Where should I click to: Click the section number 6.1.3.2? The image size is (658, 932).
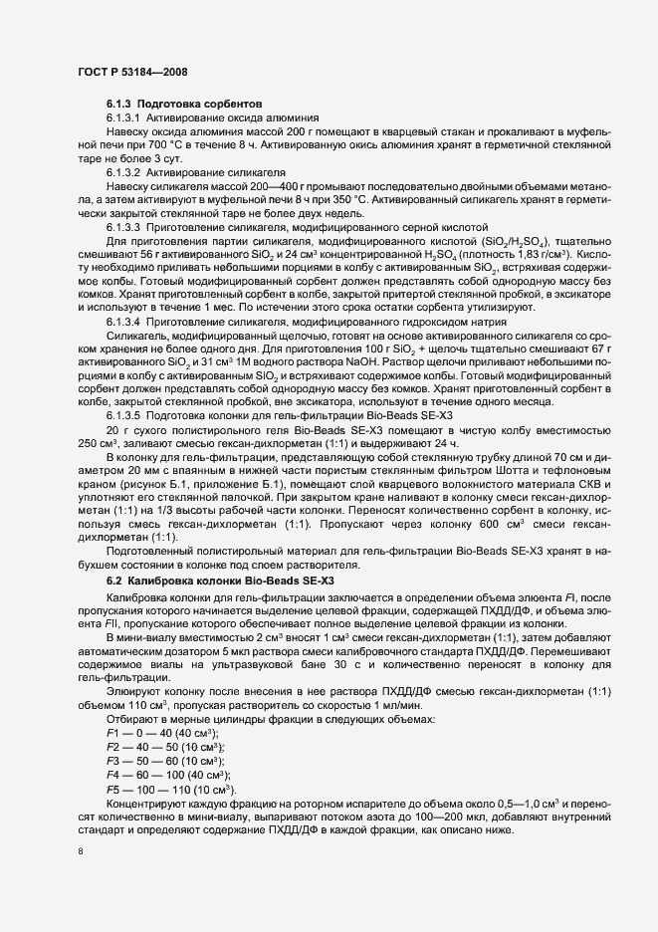[x=124, y=172]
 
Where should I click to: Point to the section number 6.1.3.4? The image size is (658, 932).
[x=124, y=351]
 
